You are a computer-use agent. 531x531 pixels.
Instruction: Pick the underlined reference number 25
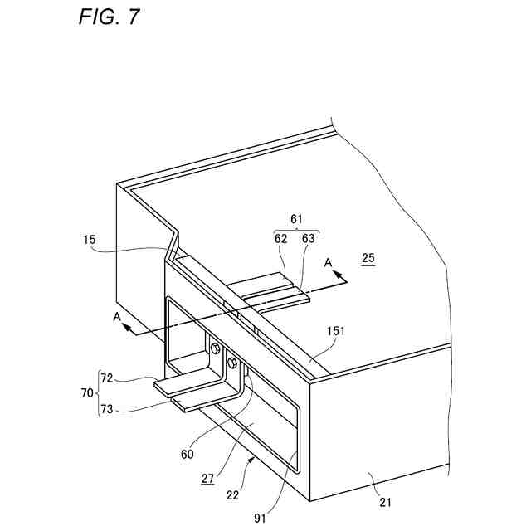coord(368,259)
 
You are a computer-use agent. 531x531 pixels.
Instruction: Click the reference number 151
coord(335,330)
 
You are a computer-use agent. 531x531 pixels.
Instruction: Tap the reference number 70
coord(85,390)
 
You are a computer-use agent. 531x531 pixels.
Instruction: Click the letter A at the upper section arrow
coord(328,263)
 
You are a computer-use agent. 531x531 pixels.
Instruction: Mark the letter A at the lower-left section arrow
coord(118,318)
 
